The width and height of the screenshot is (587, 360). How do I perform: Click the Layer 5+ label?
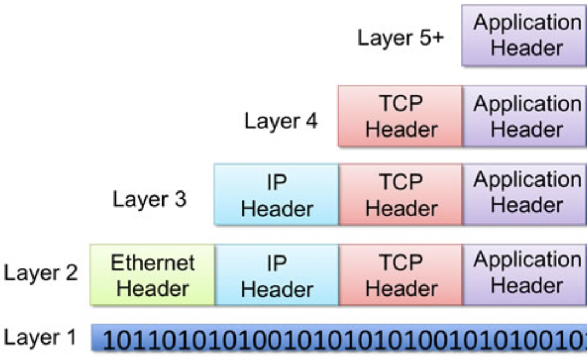coord(400,38)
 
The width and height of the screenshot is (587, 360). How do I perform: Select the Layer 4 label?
coord(281,121)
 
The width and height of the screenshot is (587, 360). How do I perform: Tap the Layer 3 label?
coord(149,199)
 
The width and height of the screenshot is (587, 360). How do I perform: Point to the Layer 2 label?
coord(41,273)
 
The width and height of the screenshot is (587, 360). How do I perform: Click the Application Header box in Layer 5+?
coord(524,35)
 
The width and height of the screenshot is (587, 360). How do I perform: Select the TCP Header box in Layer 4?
coord(400,116)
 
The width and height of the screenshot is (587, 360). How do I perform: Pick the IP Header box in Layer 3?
coord(276,194)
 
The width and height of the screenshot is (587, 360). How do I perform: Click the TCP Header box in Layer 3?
coord(400,194)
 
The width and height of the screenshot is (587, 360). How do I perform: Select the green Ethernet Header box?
coord(153,275)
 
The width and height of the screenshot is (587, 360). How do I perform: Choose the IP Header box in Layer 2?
coord(276,275)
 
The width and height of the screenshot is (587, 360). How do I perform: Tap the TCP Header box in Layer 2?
coord(400,275)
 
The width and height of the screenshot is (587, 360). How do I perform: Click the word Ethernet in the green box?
coord(153,263)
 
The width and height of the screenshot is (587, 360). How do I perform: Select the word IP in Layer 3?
coord(276,183)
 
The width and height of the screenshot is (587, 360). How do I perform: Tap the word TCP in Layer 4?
coord(401,104)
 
